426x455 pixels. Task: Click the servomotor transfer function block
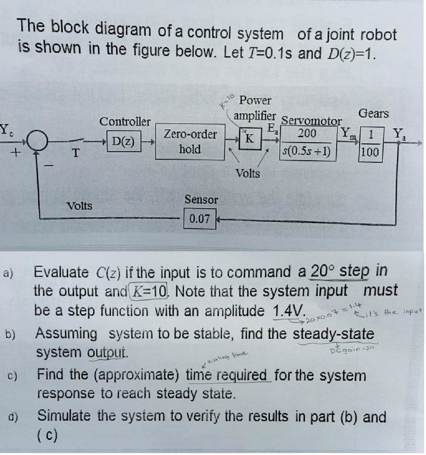point(307,144)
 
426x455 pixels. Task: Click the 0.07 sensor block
point(200,219)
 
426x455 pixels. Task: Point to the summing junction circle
point(36,141)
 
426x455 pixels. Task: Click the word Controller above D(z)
point(125,122)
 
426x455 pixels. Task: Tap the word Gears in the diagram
point(373,114)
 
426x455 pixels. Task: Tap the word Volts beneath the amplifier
point(248,173)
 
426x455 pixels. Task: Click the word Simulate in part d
point(65,417)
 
